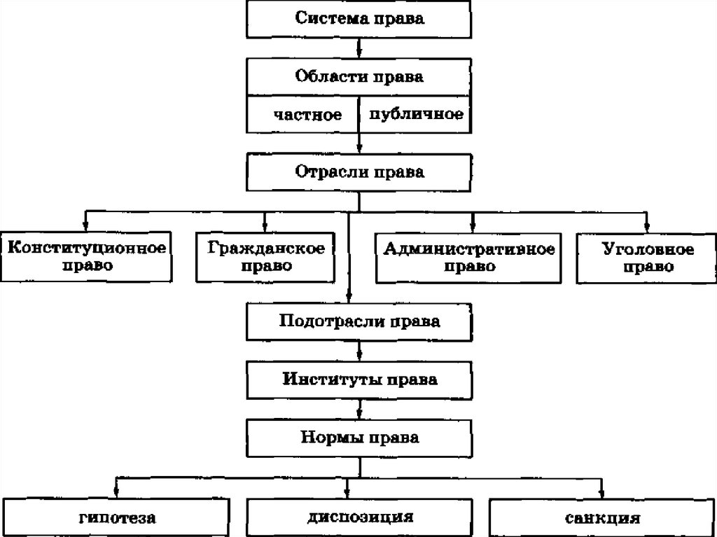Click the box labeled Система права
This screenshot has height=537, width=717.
pos(359,18)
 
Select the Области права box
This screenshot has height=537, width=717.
pos(359,76)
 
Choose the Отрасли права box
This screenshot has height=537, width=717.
pos(359,171)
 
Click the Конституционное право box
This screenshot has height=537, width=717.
pos(86,257)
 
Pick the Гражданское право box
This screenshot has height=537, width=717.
pos(265,257)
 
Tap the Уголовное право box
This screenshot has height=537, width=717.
pos(648,257)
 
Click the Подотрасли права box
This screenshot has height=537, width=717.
pos(359,322)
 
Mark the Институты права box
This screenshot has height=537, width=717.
pos(359,380)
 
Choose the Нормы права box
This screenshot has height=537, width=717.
pos(359,438)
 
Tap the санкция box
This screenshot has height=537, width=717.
pos(601,518)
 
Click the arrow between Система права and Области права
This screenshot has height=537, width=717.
pos(359,48)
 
